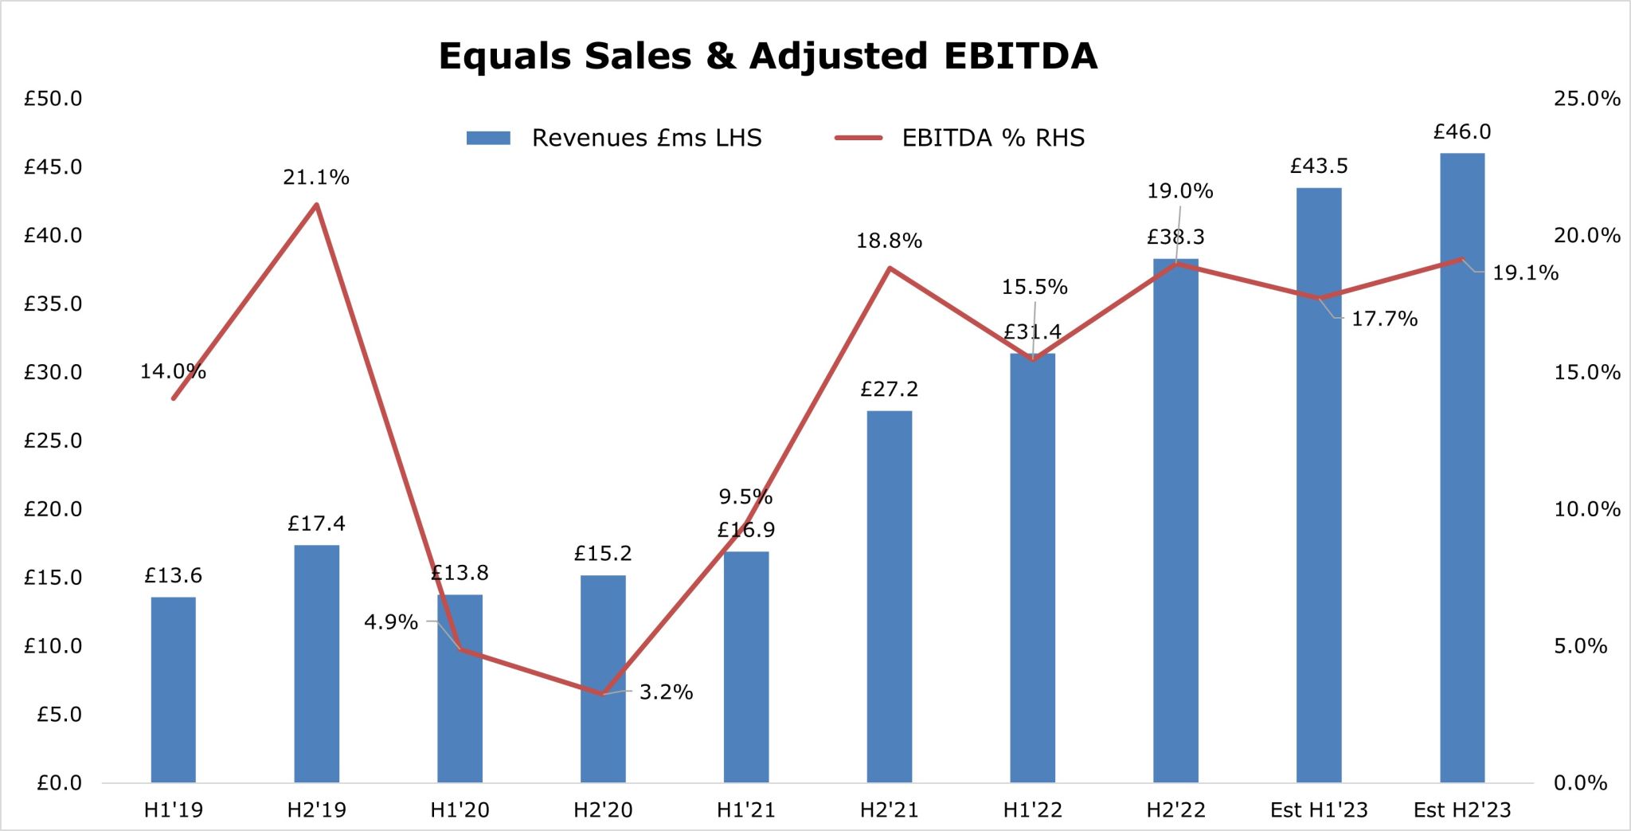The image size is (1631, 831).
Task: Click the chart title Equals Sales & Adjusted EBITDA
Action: point(768,57)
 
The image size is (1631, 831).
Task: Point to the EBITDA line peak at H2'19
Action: point(316,205)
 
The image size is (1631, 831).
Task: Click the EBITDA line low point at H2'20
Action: point(603,694)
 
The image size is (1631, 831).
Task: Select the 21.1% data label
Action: point(316,178)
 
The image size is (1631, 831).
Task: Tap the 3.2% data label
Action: point(666,692)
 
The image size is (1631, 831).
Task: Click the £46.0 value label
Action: point(1462,131)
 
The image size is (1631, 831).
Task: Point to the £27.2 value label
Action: point(890,390)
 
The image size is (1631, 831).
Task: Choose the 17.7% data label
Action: point(1384,319)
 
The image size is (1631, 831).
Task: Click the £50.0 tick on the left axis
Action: point(53,99)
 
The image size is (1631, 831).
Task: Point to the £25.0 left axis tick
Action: point(53,441)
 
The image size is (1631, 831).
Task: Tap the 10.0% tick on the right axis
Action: point(1586,509)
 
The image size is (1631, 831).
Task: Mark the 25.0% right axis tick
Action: point(1586,99)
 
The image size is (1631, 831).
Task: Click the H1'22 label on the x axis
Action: point(1033,810)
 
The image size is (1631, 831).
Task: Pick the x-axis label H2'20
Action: point(603,810)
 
